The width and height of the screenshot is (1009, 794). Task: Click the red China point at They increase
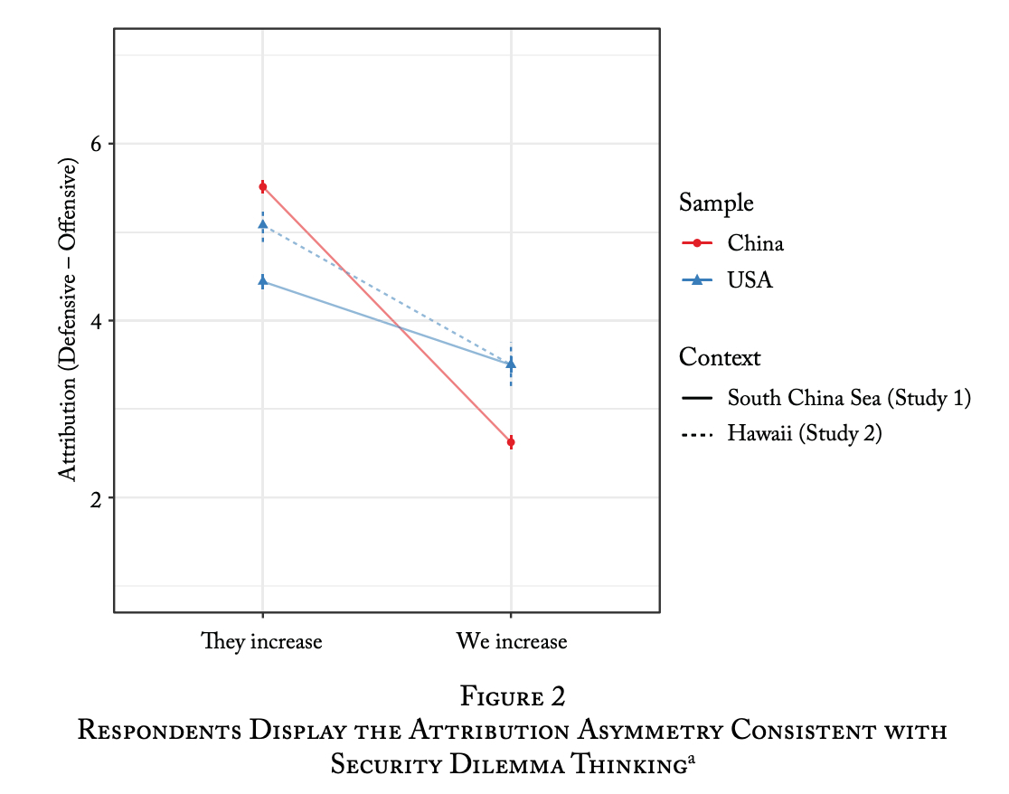[262, 187]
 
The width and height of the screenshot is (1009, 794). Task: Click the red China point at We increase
[511, 442]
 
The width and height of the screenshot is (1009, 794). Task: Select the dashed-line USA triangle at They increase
[262, 224]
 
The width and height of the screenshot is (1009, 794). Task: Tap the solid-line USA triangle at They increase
[262, 281]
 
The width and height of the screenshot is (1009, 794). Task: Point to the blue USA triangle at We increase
[511, 364]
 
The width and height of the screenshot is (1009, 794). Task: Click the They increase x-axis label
[261, 642]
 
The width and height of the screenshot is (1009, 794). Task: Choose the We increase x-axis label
[512, 642]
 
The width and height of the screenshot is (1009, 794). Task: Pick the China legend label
[756, 243]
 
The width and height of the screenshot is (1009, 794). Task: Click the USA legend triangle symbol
[697, 280]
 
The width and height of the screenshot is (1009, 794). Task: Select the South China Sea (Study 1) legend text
[849, 398]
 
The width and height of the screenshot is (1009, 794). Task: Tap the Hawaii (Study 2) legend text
[805, 434]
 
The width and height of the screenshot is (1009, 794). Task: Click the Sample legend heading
[716, 203]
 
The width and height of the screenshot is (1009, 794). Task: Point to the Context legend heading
[720, 357]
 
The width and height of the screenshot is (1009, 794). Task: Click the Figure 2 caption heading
[513, 696]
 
